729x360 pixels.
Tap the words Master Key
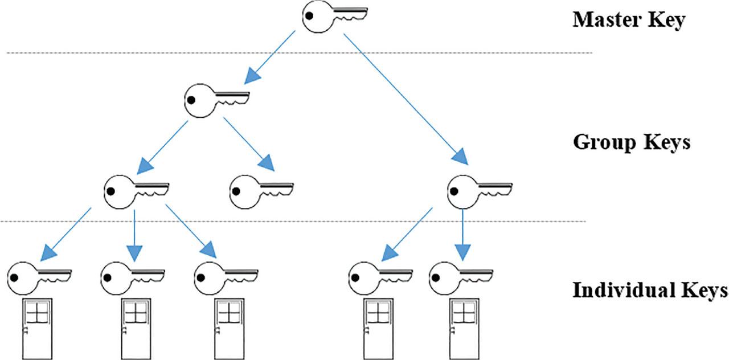pyautogui.click(x=628, y=20)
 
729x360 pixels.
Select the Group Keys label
pyautogui.click(x=631, y=141)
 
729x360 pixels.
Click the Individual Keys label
pyautogui.click(x=650, y=291)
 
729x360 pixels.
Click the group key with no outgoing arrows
pyautogui.click(x=260, y=191)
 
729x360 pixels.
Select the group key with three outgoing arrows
pyautogui.click(x=135, y=191)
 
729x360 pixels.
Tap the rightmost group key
pyautogui.click(x=478, y=191)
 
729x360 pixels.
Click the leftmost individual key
pyautogui.click(x=39, y=278)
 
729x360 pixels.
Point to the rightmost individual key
pyautogui.click(x=460, y=278)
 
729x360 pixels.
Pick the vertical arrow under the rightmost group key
pyautogui.click(x=462, y=234)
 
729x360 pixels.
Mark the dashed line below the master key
pyautogui.click(x=171, y=53)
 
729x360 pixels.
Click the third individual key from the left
pyautogui.click(x=225, y=278)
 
